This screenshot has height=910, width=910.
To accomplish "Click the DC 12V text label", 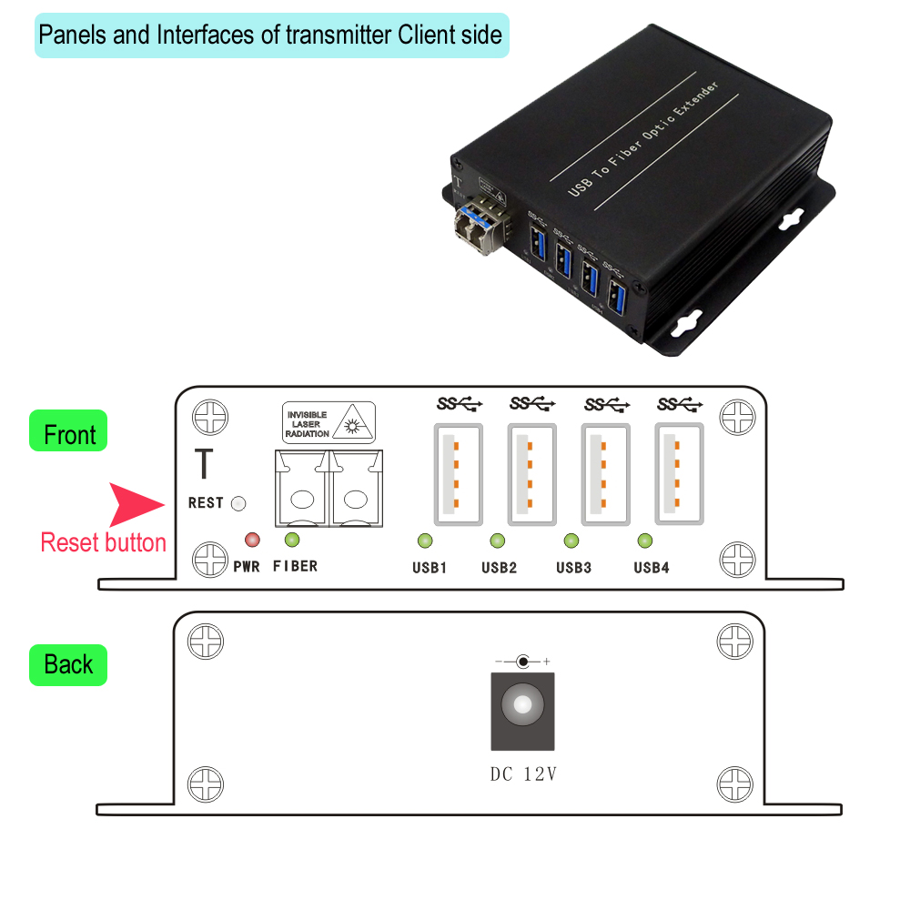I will [x=523, y=775].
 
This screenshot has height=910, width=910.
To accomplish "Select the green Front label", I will [x=69, y=434].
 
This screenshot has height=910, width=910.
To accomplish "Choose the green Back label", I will [x=68, y=665].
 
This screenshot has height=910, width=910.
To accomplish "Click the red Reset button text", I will [x=103, y=543].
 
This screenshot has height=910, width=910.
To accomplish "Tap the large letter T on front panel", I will [x=204, y=464].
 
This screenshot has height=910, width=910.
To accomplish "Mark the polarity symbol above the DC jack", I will [x=522, y=662].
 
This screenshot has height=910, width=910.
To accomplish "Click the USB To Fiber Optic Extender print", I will [x=643, y=139].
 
